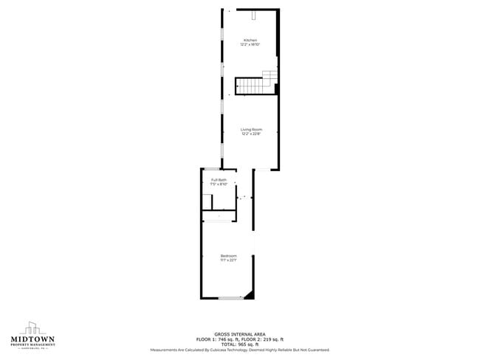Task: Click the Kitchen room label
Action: [250, 40]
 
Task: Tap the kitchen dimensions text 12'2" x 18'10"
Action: [250, 45]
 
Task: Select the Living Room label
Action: [250, 129]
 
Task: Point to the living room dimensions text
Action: [250, 134]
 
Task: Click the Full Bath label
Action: [219, 180]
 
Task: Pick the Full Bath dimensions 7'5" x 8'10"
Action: [219, 184]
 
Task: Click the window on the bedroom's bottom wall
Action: [230, 297]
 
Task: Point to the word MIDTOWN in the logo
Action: [32, 340]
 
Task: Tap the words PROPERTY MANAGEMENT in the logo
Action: [32, 346]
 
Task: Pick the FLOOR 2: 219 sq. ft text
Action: [263, 339]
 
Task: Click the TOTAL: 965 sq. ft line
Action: [239, 345]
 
